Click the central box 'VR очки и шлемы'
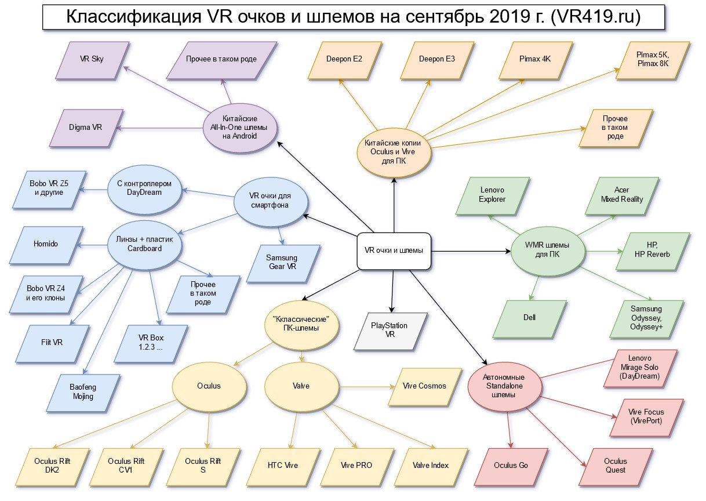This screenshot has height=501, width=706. click(394, 251)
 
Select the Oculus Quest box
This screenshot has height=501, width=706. click(615, 466)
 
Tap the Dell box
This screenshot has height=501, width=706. click(530, 318)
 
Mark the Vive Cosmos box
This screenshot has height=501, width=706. click(425, 386)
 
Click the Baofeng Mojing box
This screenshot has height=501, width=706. click(83, 391)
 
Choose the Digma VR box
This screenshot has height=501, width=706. click(86, 126)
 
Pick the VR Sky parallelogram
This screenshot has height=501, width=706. click(92, 59)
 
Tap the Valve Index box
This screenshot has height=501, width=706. click(431, 465)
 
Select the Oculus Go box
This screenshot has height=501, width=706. click(511, 465)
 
